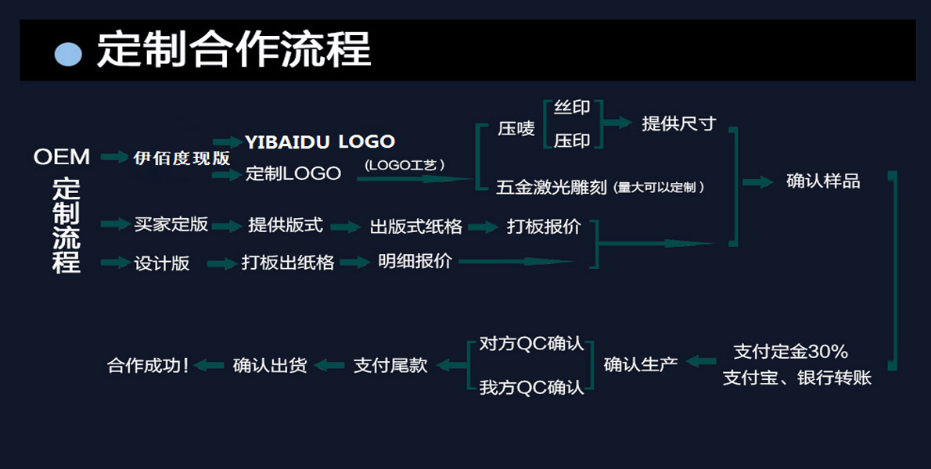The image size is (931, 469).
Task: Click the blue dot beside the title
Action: pyautogui.click(x=69, y=54)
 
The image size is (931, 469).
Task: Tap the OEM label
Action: pyautogui.click(x=62, y=157)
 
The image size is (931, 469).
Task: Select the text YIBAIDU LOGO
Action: pyautogui.click(x=320, y=141)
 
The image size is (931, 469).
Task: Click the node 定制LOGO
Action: pyautogui.click(x=293, y=174)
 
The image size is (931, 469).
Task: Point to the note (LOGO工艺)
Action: pyautogui.click(x=404, y=164)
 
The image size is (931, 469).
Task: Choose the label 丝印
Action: pyautogui.click(x=572, y=108)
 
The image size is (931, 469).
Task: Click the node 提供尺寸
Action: pyautogui.click(x=678, y=124)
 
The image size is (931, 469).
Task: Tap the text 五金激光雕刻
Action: pyautogui.click(x=552, y=188)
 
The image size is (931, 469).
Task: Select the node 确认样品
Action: pyautogui.click(x=823, y=181)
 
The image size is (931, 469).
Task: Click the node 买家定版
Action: pyautogui.click(x=171, y=225)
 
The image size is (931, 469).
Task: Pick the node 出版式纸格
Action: pyautogui.click(x=416, y=227)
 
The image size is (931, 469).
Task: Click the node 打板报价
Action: pyautogui.click(x=544, y=227)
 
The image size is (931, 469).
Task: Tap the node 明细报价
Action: pyautogui.click(x=415, y=262)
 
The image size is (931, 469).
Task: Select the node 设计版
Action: pyautogui.click(x=162, y=263)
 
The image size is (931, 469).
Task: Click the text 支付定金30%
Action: pyautogui.click(x=790, y=351)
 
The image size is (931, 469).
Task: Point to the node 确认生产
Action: pyautogui.click(x=641, y=364)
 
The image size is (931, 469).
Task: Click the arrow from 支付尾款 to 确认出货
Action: pyautogui.click(x=329, y=365)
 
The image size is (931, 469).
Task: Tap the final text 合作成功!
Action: pyautogui.click(x=148, y=365)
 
